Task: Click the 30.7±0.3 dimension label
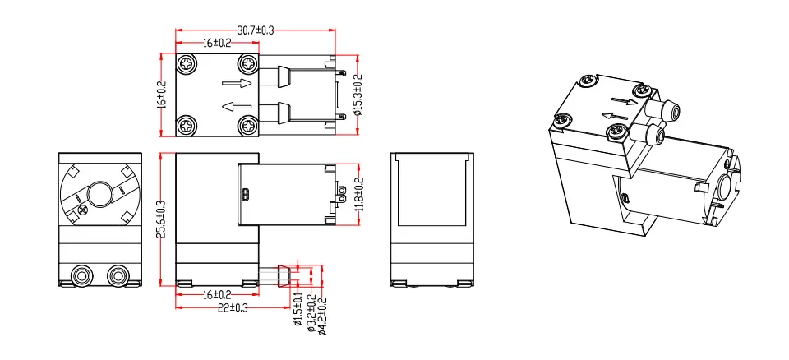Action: point(255,30)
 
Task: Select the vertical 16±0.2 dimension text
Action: point(162,95)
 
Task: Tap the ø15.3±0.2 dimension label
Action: point(358,95)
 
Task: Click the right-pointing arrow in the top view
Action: point(237,83)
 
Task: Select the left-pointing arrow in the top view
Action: point(237,106)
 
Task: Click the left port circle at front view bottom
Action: point(81,274)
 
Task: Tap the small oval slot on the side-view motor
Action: point(244,195)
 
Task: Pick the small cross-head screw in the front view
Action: point(82,211)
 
